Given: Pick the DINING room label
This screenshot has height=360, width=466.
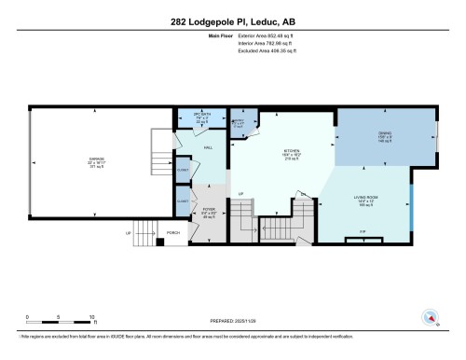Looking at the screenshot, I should [384, 138].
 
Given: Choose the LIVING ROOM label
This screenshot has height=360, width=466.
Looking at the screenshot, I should [366, 199].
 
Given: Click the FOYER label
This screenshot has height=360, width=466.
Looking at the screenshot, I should [211, 211].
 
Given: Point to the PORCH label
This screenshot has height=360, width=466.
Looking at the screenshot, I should [172, 232].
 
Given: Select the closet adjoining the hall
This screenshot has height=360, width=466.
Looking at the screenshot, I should [183, 170].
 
